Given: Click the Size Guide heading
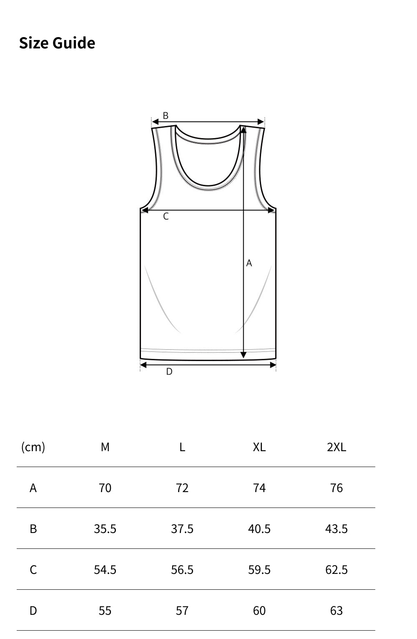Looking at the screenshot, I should (x=57, y=43).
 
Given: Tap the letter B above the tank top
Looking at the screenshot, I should (x=166, y=116).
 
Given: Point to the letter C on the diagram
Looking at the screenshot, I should (x=166, y=216).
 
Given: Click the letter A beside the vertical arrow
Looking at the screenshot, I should (x=249, y=263).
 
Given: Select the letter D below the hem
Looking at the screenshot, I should (x=169, y=371).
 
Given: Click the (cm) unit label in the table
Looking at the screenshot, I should (x=33, y=447).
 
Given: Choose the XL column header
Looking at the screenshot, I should (x=259, y=447).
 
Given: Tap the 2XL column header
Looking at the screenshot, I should (x=336, y=447).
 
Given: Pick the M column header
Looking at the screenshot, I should (x=105, y=447).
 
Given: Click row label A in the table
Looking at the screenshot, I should (x=33, y=488).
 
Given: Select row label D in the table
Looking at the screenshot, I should (x=33, y=611).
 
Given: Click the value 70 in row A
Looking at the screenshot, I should (x=105, y=488).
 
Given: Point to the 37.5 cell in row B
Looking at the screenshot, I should (x=182, y=529).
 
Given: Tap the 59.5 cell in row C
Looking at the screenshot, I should (x=259, y=570).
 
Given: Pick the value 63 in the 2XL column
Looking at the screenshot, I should (x=336, y=611).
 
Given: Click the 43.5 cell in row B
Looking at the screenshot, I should (x=336, y=529).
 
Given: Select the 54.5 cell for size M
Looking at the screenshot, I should (x=105, y=570).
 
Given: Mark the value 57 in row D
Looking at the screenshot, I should (x=182, y=611).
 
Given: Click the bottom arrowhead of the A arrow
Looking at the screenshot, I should (x=244, y=355).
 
